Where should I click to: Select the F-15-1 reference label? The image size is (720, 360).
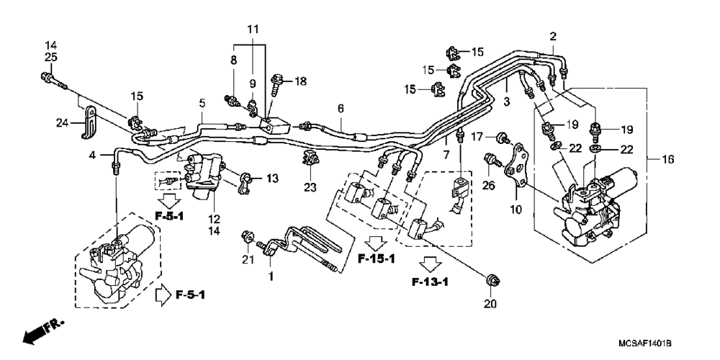(377, 259)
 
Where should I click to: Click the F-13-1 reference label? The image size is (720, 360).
(430, 282)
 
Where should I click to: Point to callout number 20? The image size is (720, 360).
(491, 304)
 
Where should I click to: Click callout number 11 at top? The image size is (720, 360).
(253, 30)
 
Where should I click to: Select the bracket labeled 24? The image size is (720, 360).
(89, 122)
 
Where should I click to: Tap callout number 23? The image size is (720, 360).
(310, 187)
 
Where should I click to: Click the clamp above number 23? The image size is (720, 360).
(310, 158)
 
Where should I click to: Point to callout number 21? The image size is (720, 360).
(248, 260)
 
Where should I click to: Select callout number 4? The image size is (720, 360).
(94, 155)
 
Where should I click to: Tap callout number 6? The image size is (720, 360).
(341, 109)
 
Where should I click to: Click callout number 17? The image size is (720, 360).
(477, 136)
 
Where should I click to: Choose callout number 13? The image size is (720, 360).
(272, 179)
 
